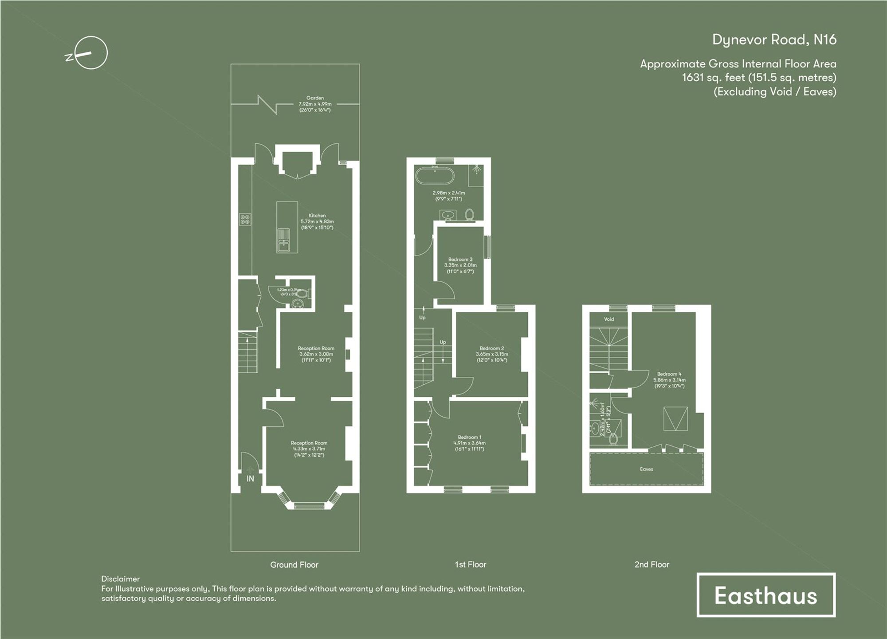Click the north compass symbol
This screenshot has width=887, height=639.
(x=91, y=53)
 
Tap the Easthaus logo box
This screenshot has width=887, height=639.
(x=766, y=595)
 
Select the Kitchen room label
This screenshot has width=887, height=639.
(x=317, y=216)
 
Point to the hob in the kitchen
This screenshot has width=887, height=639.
(x=245, y=219)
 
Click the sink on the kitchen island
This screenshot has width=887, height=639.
(x=283, y=240)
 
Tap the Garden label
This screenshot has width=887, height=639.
(x=315, y=98)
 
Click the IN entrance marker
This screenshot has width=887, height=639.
(x=250, y=479)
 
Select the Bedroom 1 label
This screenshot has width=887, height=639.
(x=469, y=437)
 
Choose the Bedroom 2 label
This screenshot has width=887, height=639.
(x=491, y=348)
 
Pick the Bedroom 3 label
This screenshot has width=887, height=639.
(x=460, y=259)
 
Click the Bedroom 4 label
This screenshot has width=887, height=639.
(x=669, y=374)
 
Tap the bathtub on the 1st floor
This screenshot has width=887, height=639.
(x=435, y=176)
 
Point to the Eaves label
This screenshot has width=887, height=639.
(x=646, y=469)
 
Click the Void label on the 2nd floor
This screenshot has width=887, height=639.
(x=609, y=319)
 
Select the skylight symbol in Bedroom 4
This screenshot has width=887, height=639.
(x=675, y=418)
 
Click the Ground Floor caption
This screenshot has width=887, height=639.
(x=294, y=565)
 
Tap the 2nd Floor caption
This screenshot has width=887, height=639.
(x=652, y=564)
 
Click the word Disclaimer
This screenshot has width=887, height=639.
(x=120, y=579)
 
